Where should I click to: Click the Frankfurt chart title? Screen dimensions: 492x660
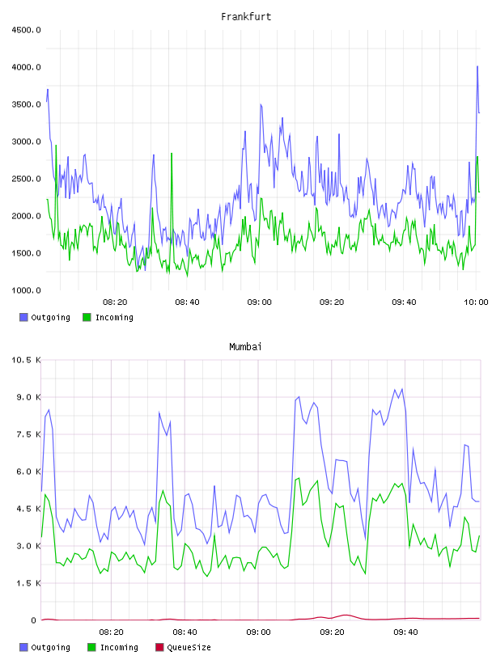click(x=246, y=17)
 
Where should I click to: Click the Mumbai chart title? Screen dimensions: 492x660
click(x=245, y=347)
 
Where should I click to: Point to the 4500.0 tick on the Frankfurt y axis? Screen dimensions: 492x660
click(x=26, y=30)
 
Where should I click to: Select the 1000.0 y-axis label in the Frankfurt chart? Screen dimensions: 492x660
click(x=26, y=290)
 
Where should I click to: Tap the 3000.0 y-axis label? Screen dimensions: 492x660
click(x=26, y=142)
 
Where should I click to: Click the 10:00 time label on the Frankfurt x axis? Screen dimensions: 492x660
click(x=476, y=302)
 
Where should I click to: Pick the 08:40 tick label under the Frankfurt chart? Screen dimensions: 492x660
click(x=187, y=302)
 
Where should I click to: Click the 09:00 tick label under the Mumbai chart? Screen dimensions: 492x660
click(x=258, y=632)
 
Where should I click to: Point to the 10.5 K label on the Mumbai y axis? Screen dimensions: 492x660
click(x=26, y=360)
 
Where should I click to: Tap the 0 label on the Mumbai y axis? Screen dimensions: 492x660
click(x=34, y=620)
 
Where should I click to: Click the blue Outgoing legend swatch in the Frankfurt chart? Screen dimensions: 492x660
click(x=23, y=317)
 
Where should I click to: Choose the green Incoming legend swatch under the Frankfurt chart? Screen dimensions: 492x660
click(x=87, y=317)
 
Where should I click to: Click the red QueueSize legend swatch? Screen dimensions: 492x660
click(x=159, y=647)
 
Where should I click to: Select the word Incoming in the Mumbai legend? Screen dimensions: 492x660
click(x=119, y=647)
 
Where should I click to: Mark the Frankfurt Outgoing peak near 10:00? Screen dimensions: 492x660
click(x=477, y=66)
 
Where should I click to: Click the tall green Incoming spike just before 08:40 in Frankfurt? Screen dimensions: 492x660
click(x=172, y=153)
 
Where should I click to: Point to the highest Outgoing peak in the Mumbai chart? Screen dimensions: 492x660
click(x=402, y=389)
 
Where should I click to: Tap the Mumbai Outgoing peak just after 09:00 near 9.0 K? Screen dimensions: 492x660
click(x=299, y=396)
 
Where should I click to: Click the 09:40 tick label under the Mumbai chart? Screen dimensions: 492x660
click(x=405, y=632)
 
